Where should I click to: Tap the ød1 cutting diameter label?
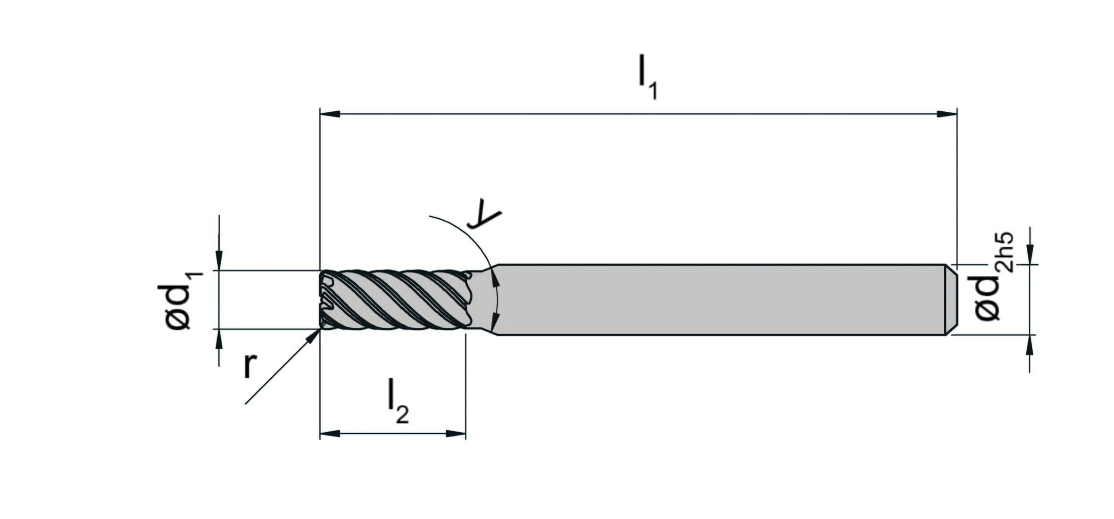[x=182, y=300]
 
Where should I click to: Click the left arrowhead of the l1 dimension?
[x=330, y=114]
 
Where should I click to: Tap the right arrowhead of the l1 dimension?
[x=947, y=114]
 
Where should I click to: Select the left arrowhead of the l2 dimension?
[x=330, y=433]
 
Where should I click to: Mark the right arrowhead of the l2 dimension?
[x=456, y=433]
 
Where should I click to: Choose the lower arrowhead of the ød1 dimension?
[x=219, y=339]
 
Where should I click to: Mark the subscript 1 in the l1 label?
[x=653, y=91]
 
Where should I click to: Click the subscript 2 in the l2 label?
[x=403, y=415]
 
